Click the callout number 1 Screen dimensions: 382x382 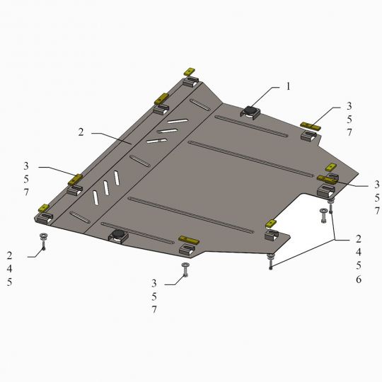(288, 86)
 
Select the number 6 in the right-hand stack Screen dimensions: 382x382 (359, 279)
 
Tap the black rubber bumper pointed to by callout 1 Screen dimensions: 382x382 (250, 110)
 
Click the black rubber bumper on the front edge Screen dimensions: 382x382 (118, 234)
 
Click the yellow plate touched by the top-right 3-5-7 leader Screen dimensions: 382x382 (311, 126)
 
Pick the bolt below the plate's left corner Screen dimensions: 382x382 (43, 241)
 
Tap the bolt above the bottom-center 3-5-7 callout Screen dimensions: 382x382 (185, 270)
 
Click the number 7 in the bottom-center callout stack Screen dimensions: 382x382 (154, 310)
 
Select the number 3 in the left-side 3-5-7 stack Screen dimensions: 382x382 (26, 166)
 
